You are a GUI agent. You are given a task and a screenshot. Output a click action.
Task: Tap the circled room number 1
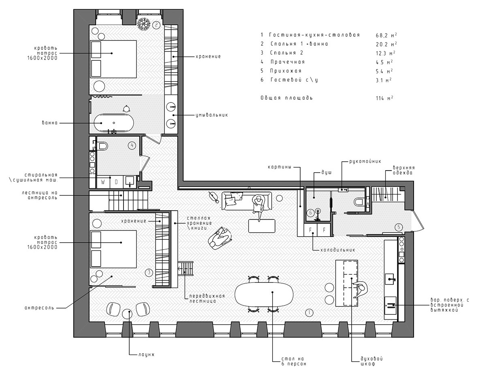(308, 312)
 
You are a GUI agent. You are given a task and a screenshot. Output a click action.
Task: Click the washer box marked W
(103, 182)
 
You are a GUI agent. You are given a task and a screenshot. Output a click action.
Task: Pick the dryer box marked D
(116, 182)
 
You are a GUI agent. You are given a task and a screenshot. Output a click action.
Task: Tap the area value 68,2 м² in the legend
(386, 35)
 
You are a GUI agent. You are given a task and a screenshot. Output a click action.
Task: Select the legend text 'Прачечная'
(288, 62)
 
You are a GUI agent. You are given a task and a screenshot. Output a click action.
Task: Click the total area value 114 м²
(384, 98)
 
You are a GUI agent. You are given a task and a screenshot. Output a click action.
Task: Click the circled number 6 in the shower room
(310, 212)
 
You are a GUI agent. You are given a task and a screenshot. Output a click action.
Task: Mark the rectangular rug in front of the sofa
(262, 226)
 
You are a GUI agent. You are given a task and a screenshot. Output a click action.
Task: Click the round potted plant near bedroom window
(144, 24)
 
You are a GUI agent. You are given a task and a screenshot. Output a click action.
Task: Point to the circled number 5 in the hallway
(399, 227)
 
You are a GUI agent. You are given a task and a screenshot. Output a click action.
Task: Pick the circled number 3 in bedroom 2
(149, 273)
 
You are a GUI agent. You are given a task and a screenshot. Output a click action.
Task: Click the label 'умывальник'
(211, 115)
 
